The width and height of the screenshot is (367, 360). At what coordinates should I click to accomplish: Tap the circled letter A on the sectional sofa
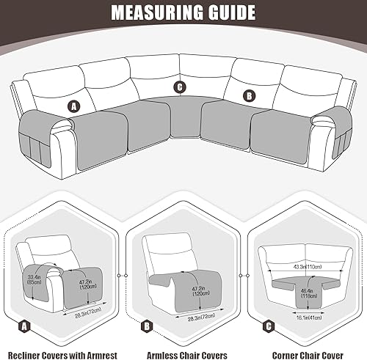(73, 105)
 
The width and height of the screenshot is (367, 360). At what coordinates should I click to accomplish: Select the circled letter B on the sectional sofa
(249, 95)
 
